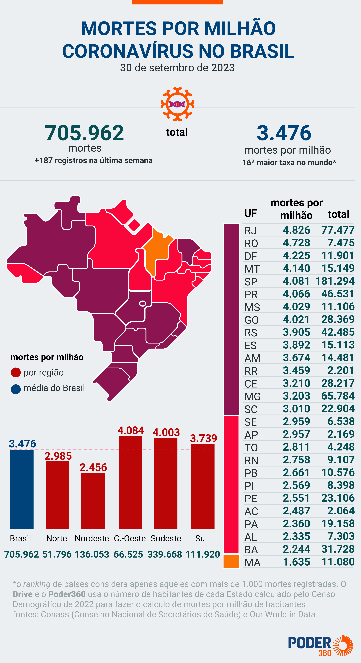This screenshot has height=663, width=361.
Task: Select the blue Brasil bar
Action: coord(22,489)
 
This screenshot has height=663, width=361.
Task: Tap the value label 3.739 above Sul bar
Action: coord(203,438)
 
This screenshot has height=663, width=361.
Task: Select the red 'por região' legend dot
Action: coord(16,372)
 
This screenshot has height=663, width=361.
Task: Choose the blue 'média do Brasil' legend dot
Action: coord(16,389)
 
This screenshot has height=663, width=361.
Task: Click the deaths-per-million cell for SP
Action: coord(296,281)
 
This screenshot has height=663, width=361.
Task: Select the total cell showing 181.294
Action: coord(335,281)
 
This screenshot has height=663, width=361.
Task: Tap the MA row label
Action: coord(252,563)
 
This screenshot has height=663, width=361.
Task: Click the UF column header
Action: coord(250,213)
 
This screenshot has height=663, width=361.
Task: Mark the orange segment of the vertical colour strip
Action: coord(231,561)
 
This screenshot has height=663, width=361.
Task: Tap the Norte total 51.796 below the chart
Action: coord(57,554)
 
